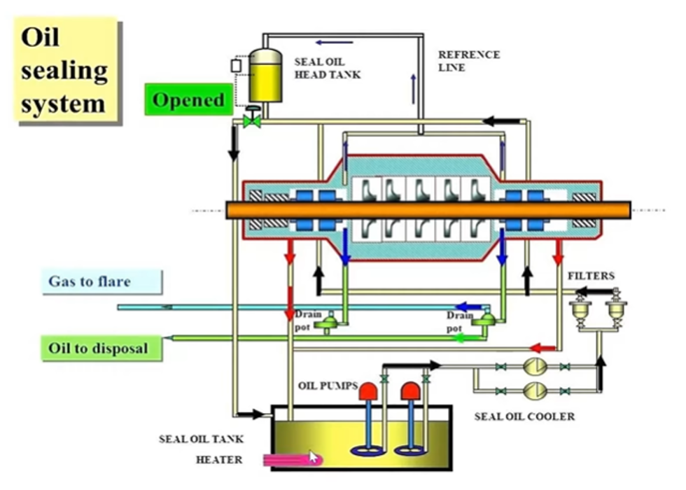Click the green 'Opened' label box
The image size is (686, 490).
point(188,99)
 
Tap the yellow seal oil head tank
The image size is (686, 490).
point(265,76)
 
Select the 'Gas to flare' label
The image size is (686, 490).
point(102,281)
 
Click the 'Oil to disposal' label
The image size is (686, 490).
point(101,349)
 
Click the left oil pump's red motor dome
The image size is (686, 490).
point(368,391)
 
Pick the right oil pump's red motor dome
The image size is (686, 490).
point(410,391)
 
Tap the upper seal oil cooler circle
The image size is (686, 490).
point(535,367)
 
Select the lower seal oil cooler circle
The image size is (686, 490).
point(535,391)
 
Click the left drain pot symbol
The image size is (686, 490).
point(330,323)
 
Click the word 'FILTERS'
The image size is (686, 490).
point(591,276)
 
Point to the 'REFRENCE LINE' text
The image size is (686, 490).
point(469,62)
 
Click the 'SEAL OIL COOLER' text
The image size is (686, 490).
point(524,416)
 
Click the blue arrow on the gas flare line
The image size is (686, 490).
point(468,307)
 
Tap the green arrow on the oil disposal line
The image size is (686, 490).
point(464,337)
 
